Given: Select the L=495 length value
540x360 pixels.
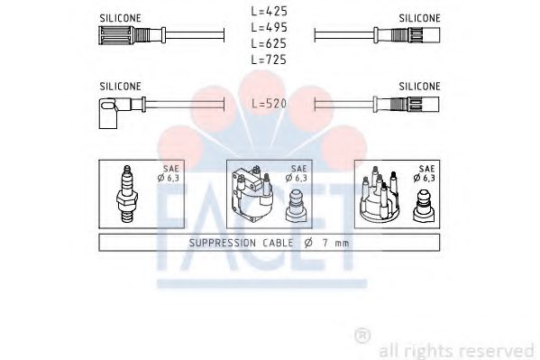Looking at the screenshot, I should [x=270, y=28].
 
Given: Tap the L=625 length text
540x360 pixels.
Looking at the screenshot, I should [x=270, y=43].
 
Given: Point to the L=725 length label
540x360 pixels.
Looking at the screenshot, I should [x=270, y=59].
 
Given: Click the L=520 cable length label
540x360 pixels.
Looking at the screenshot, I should [x=270, y=105].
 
